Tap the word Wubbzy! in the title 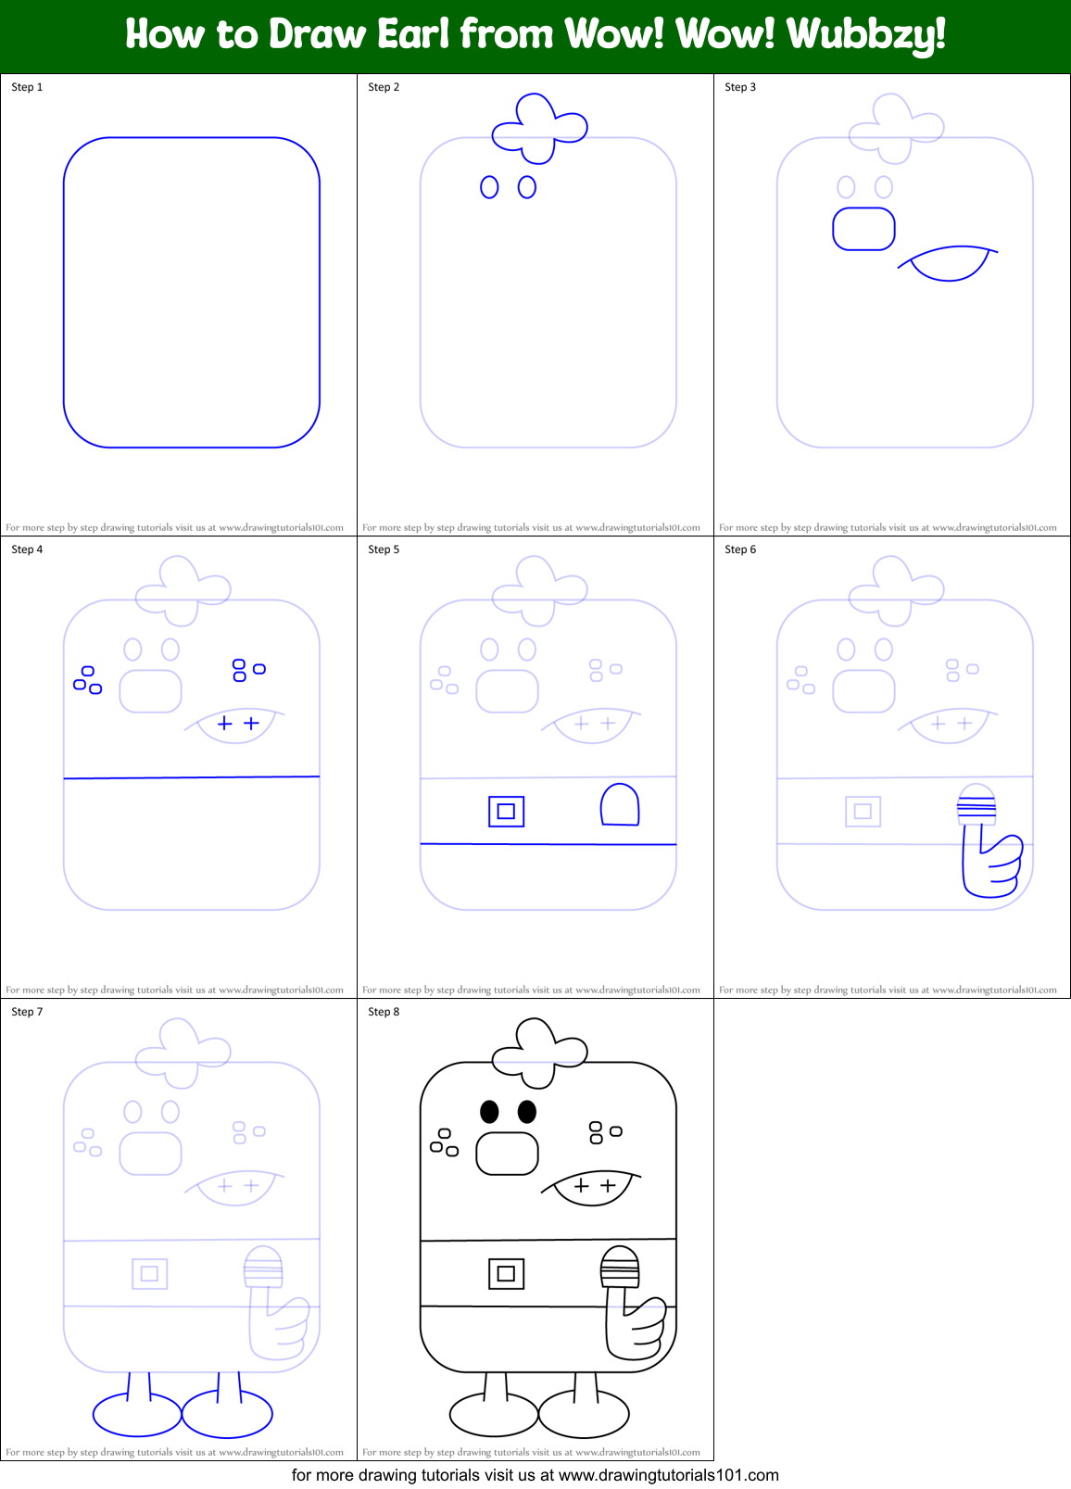tap(866, 35)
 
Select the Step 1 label tap(27, 87)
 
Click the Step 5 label tap(384, 549)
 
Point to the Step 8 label tap(384, 1012)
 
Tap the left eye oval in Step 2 tap(489, 187)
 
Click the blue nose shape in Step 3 tap(863, 229)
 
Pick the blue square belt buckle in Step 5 tap(506, 812)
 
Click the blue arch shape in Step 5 tap(620, 804)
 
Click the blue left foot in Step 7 tap(137, 1413)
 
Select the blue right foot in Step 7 tap(228, 1413)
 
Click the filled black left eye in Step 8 tap(489, 1111)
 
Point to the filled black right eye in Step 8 tap(527, 1111)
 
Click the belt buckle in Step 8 tap(506, 1273)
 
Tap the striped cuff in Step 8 tap(620, 1274)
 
